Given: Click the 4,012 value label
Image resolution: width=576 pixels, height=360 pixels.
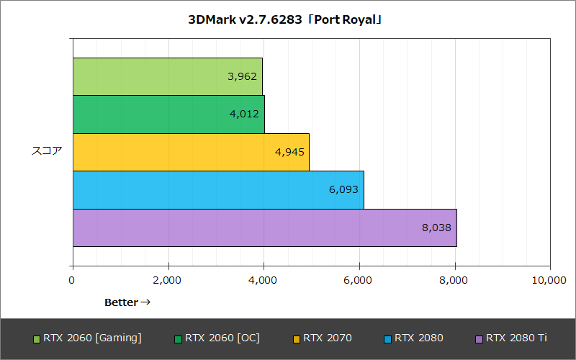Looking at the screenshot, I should pyautogui.click(x=244, y=114).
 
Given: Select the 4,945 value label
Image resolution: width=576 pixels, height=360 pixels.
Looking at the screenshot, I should pyautogui.click(x=289, y=152).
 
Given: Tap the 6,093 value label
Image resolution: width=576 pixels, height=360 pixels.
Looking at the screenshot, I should pyautogui.click(x=343, y=189).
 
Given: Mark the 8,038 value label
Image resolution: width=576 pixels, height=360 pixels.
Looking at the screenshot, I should pyautogui.click(x=436, y=228).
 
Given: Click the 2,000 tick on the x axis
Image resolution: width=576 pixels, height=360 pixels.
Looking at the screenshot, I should pyautogui.click(x=168, y=280).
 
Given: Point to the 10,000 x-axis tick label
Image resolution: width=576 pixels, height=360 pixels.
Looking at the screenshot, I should pyautogui.click(x=550, y=280).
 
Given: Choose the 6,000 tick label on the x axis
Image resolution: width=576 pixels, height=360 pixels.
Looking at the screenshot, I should pyautogui.click(x=359, y=280).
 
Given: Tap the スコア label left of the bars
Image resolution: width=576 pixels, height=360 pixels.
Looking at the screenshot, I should pyautogui.click(x=47, y=151).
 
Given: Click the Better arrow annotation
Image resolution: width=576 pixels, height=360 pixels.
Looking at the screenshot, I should pyautogui.click(x=127, y=302).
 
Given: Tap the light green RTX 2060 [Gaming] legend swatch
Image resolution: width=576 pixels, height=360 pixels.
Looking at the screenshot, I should pyautogui.click(x=37, y=338).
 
